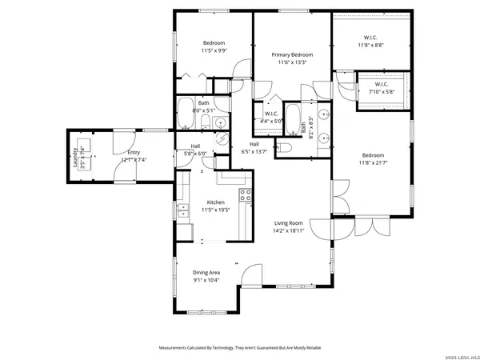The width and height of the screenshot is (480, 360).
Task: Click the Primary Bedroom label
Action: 290,55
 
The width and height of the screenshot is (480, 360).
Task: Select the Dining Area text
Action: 206,273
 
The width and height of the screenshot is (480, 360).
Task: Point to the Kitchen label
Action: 216,202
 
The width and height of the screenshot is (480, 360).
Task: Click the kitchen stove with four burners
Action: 245,194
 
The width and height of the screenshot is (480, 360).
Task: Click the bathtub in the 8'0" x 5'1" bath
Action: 184,114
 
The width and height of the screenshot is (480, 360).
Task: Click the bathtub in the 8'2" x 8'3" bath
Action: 292,118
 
